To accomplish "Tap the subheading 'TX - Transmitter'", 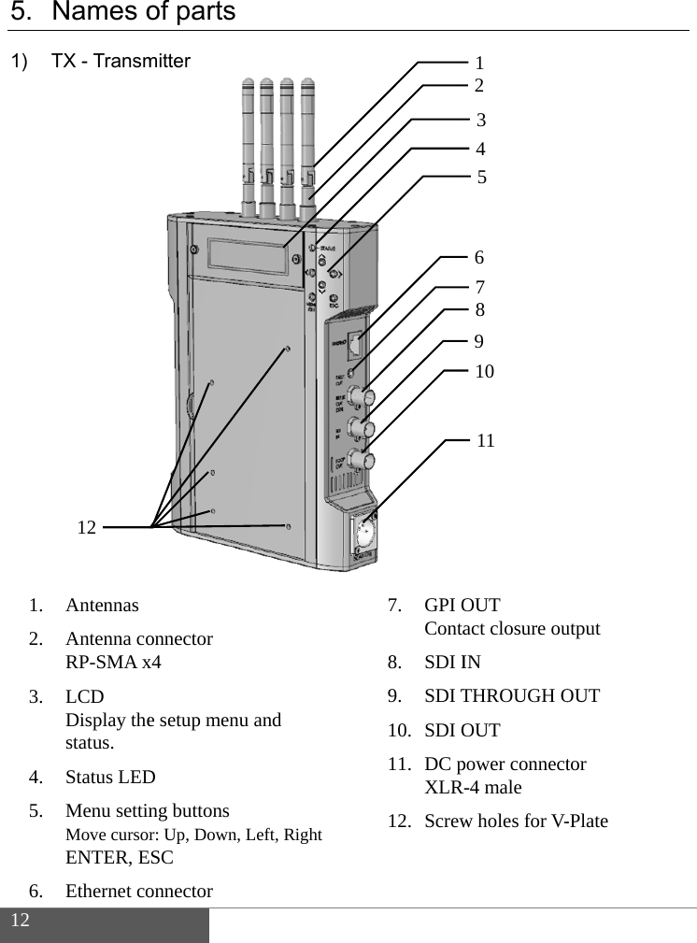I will click(121, 62).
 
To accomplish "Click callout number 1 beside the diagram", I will click(479, 64).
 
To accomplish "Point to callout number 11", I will click(486, 439).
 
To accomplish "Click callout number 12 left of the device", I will click(87, 528).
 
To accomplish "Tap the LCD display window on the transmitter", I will click(248, 256).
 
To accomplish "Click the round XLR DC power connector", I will click(364, 536).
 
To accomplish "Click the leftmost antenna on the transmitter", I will click(249, 140).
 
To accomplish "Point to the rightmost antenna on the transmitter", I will click(308, 140).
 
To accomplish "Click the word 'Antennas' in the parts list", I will click(102, 605).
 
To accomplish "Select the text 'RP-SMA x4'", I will click(113, 663).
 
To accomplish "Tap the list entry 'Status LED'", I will click(110, 777).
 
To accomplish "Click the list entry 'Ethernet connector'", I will click(138, 891).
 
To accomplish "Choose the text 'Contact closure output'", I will click(512, 628).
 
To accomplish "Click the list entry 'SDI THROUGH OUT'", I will click(512, 695).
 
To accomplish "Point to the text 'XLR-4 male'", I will click(473, 787).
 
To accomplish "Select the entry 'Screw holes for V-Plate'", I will click(516, 821).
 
